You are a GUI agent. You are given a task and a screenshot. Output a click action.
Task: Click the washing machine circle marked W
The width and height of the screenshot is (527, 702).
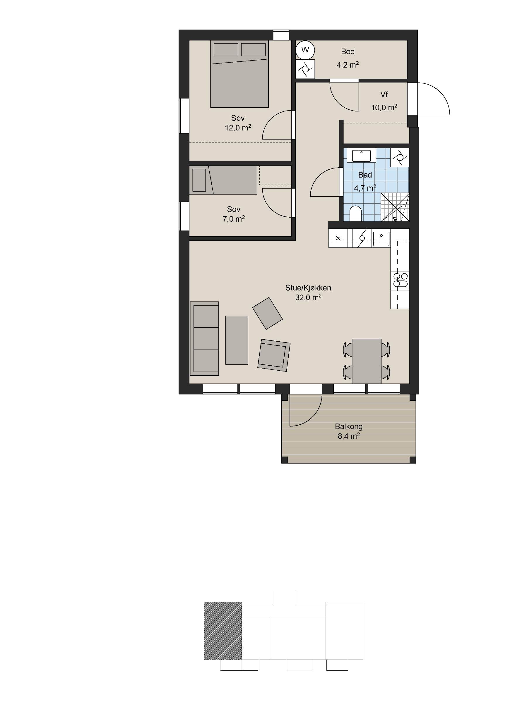tap(305, 50)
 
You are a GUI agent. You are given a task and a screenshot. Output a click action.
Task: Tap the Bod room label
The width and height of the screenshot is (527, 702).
tap(348, 51)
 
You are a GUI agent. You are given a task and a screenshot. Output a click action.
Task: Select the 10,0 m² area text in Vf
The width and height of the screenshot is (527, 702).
tap(384, 107)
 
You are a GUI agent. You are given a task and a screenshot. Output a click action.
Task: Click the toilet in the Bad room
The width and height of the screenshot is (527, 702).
tap(355, 214)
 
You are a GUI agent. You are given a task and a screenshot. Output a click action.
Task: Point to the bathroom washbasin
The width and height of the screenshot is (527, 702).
tap(362, 156)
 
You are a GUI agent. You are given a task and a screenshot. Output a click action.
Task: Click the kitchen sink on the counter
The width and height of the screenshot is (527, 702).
tap(381, 239)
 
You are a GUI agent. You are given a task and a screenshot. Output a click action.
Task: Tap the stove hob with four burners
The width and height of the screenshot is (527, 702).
tap(400, 280)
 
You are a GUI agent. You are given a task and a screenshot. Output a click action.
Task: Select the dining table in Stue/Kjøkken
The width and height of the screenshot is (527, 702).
tap(367, 361)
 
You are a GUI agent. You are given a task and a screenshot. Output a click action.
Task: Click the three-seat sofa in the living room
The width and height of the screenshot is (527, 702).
tap(205, 338)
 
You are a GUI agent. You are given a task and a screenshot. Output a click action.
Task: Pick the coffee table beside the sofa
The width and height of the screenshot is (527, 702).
tap(237, 340)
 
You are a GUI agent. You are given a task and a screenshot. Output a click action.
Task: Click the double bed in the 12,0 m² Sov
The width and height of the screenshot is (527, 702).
tap(239, 74)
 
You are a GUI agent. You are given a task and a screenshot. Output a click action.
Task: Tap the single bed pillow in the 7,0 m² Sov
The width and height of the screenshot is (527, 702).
tap(199, 180)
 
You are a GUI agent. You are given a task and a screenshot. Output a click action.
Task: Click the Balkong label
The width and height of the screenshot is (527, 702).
tap(348, 426)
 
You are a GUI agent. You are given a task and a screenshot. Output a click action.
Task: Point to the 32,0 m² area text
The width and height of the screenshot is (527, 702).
tap(308, 297)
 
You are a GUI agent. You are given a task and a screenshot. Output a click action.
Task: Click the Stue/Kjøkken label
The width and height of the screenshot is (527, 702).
tap(308, 288)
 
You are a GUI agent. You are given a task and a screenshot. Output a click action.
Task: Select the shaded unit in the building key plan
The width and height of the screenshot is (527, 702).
tap(223, 631)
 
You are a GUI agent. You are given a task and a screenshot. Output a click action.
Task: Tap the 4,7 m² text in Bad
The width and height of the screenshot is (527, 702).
tap(365, 188)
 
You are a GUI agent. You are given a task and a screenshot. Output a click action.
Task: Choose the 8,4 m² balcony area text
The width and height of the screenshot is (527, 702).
tap(348, 436)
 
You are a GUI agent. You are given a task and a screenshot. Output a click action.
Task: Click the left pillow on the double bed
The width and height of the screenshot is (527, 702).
tap(226, 49)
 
